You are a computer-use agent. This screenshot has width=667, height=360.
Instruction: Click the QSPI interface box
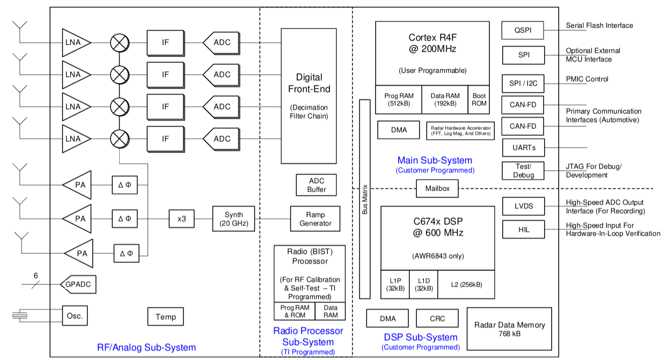click(522, 30)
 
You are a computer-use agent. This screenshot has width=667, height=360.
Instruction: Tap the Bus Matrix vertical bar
click(365, 199)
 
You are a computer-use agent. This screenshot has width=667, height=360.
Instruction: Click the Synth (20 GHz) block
click(233, 218)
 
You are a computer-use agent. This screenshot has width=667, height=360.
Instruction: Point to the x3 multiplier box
click(181, 219)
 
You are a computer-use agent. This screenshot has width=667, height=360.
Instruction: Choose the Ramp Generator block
click(316, 218)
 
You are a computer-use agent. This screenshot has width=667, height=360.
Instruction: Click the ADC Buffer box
click(317, 185)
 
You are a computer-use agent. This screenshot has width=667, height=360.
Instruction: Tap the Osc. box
click(75, 315)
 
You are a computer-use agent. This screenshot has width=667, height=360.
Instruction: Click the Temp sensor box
click(165, 317)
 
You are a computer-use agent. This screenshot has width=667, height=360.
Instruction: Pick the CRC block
click(437, 318)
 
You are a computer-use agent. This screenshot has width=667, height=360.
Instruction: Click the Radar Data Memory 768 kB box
click(509, 329)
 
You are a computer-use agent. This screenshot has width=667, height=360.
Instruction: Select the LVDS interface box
click(523, 207)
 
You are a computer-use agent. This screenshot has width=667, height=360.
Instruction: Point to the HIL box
click(523, 229)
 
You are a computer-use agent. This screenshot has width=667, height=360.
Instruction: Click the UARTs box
click(523, 147)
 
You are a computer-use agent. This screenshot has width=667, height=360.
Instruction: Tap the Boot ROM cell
click(479, 99)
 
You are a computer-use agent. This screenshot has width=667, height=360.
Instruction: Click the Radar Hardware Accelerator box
click(461, 130)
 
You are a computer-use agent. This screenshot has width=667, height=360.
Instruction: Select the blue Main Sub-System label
click(435, 160)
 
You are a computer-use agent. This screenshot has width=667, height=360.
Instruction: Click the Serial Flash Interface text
click(599, 26)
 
